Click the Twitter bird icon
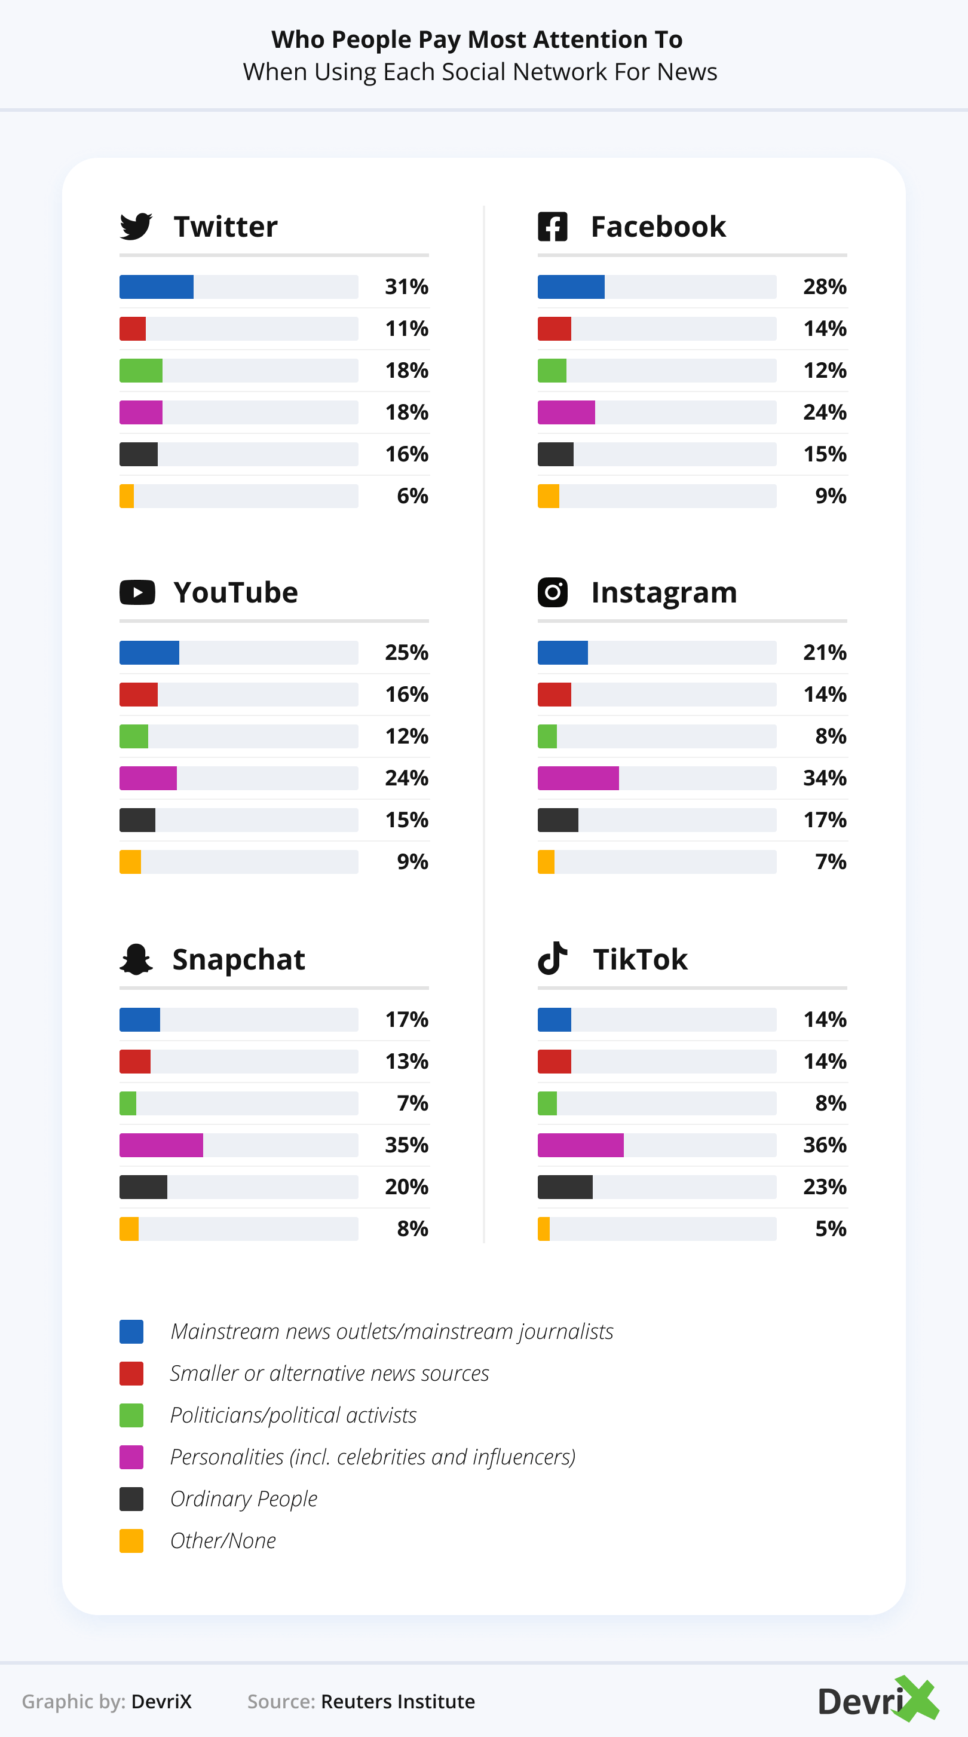click(x=136, y=227)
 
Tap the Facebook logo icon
click(x=552, y=227)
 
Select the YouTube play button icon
click(x=137, y=593)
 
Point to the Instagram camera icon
click(x=552, y=593)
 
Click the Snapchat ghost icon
click(x=136, y=959)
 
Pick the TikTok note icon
click(x=552, y=958)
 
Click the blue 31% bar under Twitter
click(x=157, y=286)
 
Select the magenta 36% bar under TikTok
click(x=580, y=1145)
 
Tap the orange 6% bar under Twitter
click(x=127, y=496)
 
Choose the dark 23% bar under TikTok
click(x=565, y=1186)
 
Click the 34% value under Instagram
click(x=825, y=778)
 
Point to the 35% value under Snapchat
click(x=406, y=1145)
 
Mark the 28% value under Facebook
click(x=825, y=286)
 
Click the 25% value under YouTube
click(x=406, y=653)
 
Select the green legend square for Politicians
click(x=131, y=1415)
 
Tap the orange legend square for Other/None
click(x=131, y=1541)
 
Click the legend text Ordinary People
click(x=243, y=1499)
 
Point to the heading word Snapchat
click(x=238, y=959)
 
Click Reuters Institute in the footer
click(x=398, y=1701)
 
